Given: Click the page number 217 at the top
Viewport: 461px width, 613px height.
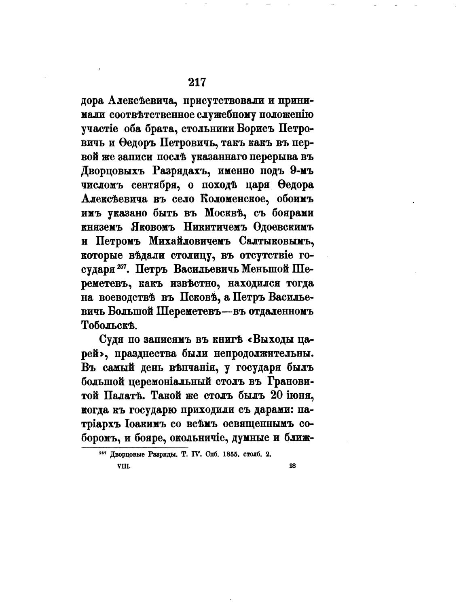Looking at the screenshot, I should click(x=197, y=82).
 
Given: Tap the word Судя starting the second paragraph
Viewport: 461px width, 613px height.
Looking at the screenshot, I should click(x=108, y=339).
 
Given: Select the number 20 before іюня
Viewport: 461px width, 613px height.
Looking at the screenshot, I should click(x=278, y=395).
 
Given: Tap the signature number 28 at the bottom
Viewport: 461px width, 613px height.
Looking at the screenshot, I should click(x=293, y=466).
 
